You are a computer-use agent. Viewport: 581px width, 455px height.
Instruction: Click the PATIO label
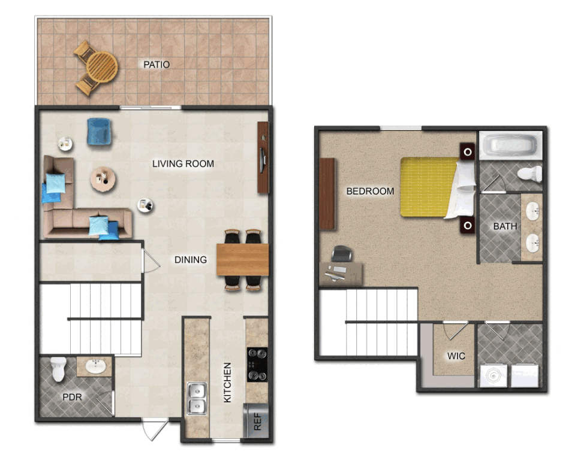point(156,65)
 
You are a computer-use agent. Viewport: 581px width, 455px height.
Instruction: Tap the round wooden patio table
point(102,68)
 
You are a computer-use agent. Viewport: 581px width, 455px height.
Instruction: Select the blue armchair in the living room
point(99,131)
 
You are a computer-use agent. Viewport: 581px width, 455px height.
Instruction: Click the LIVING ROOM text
point(183,163)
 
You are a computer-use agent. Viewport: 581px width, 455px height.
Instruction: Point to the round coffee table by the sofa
point(103,179)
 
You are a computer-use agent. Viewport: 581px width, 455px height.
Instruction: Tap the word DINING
point(191,260)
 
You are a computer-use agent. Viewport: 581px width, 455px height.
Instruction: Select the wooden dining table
point(243,259)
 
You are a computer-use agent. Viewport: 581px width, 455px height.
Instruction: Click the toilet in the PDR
point(59,369)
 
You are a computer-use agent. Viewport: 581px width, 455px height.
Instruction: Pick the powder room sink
point(95,366)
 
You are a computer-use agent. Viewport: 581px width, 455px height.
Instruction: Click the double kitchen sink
point(197,398)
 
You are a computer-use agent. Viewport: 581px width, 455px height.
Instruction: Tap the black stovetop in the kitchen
point(257,365)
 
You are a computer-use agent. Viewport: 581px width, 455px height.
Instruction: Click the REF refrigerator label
point(257,421)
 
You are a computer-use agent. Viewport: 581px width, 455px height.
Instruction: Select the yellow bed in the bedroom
point(436,187)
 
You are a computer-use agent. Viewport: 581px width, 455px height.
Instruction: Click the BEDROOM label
point(370,191)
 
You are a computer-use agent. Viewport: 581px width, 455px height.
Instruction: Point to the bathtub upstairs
point(511,145)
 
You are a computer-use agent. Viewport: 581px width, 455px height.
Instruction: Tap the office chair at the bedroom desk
point(341,254)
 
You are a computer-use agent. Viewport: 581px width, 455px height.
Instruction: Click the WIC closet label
point(456,356)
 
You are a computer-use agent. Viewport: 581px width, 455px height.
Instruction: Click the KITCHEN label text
point(227,383)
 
